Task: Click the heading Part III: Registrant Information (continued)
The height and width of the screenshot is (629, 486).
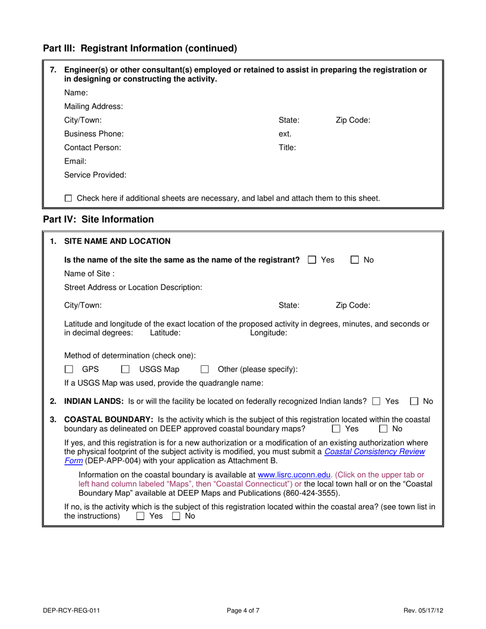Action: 140,49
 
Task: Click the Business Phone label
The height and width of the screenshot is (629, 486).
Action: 94,134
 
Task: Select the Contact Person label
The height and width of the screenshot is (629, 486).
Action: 93,148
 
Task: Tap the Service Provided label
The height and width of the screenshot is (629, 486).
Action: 95,175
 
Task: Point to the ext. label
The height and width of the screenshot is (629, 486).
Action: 285,134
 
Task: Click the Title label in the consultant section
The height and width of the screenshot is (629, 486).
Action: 287,148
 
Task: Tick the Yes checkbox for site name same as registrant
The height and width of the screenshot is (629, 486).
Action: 312,260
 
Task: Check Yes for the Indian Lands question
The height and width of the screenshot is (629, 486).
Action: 377,401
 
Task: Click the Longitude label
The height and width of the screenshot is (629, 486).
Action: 268,333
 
